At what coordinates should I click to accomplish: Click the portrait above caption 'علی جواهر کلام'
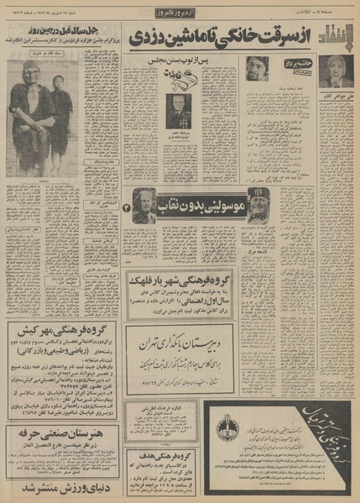click(x=337, y=71)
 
